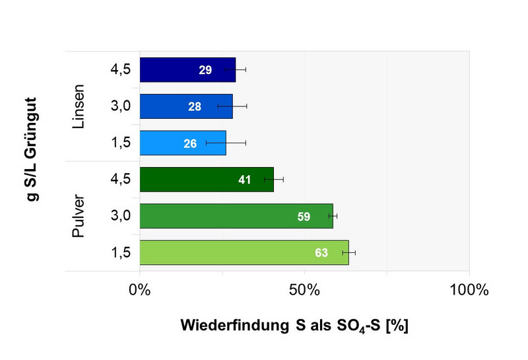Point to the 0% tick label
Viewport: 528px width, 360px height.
(x=140, y=289)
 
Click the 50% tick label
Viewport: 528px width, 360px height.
(x=304, y=289)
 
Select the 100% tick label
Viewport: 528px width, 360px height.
(x=469, y=289)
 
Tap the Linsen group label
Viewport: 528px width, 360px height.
(x=79, y=106)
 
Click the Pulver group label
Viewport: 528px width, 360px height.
(x=79, y=216)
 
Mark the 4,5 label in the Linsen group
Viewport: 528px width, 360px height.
(x=121, y=69)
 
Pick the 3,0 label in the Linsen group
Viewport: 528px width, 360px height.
(x=121, y=106)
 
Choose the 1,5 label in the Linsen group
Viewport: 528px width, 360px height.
(x=121, y=143)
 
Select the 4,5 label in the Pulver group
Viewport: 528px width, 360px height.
(x=121, y=180)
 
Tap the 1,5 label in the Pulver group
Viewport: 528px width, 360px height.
(x=121, y=253)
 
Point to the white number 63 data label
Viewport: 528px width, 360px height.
(x=321, y=253)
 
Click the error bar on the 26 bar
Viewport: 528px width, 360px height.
(x=226, y=143)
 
